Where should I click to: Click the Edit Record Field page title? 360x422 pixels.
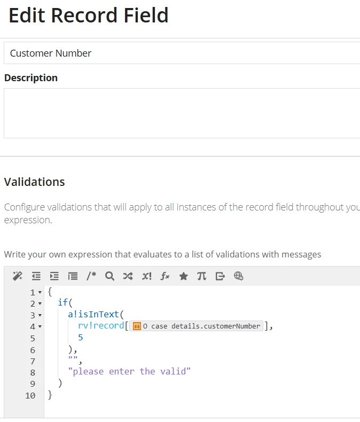(89, 15)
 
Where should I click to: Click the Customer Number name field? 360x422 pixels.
(182, 53)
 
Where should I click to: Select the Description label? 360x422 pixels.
(31, 78)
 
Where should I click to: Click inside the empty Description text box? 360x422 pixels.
(182, 113)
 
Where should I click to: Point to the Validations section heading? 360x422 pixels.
(34, 182)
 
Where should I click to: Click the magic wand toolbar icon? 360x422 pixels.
(18, 276)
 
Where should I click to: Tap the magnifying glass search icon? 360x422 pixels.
(109, 276)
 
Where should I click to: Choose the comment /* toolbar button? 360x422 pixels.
(91, 276)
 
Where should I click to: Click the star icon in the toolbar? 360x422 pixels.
(184, 276)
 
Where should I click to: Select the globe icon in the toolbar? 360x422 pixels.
(238, 276)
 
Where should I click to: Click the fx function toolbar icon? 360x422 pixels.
(165, 276)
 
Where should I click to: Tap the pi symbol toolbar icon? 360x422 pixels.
(201, 276)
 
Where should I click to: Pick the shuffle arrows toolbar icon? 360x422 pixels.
(128, 276)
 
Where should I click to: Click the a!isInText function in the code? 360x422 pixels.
(93, 314)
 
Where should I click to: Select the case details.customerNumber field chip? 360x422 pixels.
(196, 326)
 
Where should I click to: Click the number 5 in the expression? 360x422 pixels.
(81, 338)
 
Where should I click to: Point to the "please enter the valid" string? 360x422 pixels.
(129, 372)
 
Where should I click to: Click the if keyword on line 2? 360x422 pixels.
(63, 302)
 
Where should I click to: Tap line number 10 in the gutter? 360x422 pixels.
(30, 396)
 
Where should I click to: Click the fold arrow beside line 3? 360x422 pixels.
(40, 315)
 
